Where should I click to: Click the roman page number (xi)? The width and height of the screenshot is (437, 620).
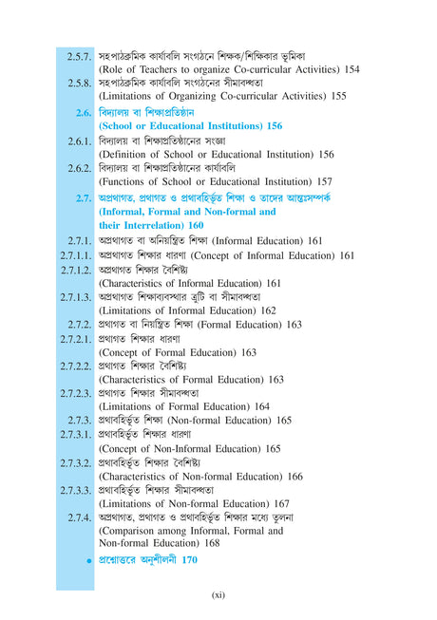click(x=217, y=595)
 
